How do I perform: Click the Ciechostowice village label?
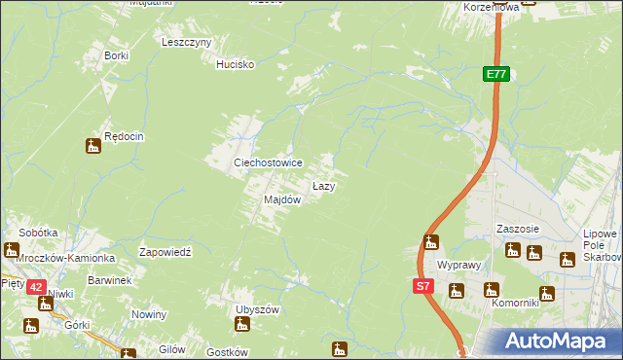pos(267,163)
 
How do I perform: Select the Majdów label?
pos(282,199)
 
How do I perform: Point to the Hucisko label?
pos(235,64)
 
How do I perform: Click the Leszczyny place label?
pos(187,43)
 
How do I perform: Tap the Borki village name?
pos(117,55)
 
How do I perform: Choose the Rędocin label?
pos(125,137)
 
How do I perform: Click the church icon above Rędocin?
pos(93,147)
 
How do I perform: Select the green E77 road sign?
pos(496,74)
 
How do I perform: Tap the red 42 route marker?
pos(36,287)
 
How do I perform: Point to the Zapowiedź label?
pos(169,251)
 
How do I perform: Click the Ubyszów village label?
pos(257,309)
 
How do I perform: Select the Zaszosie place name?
pos(518,230)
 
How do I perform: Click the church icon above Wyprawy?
pos(431,242)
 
